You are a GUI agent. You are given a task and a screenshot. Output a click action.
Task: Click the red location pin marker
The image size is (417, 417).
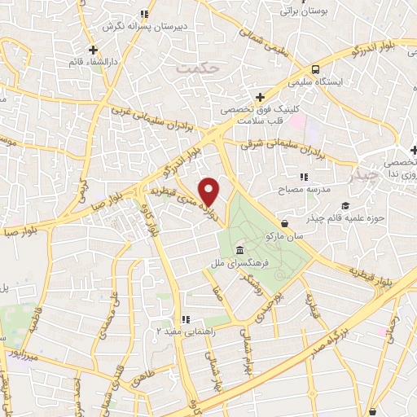(210, 191)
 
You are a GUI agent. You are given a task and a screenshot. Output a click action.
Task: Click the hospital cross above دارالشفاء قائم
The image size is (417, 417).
(94, 50)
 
